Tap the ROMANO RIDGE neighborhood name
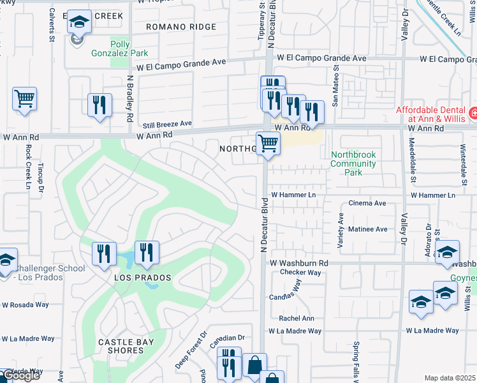click(x=181, y=27)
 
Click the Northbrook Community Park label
click(x=353, y=163)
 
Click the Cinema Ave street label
click(x=367, y=203)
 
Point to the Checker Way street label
click(x=300, y=273)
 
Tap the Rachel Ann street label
click(x=297, y=319)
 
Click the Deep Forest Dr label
click(x=192, y=350)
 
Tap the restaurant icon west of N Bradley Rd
click(x=99, y=105)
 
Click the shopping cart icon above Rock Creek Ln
click(x=24, y=99)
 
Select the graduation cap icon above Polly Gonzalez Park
click(x=79, y=23)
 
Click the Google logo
click(x=20, y=376)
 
